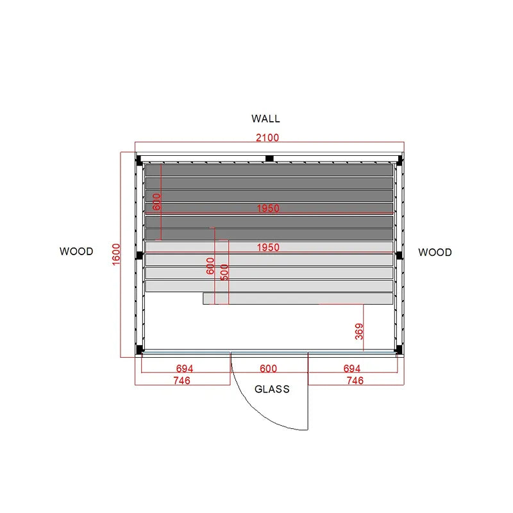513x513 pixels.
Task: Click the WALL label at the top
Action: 265,119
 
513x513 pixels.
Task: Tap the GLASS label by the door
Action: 272,389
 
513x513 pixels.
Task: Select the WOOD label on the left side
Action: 76,251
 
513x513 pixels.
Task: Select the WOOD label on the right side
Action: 435,252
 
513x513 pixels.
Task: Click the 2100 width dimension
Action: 267,138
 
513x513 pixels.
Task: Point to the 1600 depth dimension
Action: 117,255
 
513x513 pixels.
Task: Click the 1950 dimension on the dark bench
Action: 268,208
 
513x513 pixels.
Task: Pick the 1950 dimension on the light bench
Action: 268,248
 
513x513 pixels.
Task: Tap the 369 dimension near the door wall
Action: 359,332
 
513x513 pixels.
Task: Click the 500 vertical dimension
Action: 224,272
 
